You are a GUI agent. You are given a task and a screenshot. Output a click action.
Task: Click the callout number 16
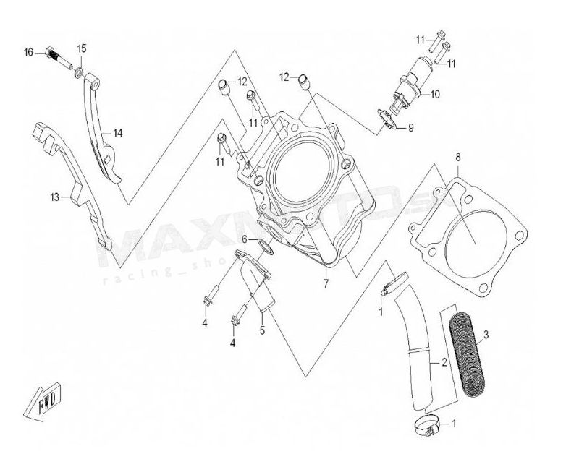pos(29,51)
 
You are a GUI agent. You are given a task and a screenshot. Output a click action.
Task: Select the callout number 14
pos(117,132)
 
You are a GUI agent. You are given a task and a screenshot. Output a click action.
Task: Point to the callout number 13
pos(54,196)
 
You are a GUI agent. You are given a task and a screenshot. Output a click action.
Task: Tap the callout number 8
pos(457,157)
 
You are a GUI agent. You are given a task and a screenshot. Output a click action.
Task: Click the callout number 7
pos(326,283)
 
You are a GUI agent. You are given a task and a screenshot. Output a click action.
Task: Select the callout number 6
pos(246,239)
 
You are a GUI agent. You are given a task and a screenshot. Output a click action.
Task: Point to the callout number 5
pos(261,331)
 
